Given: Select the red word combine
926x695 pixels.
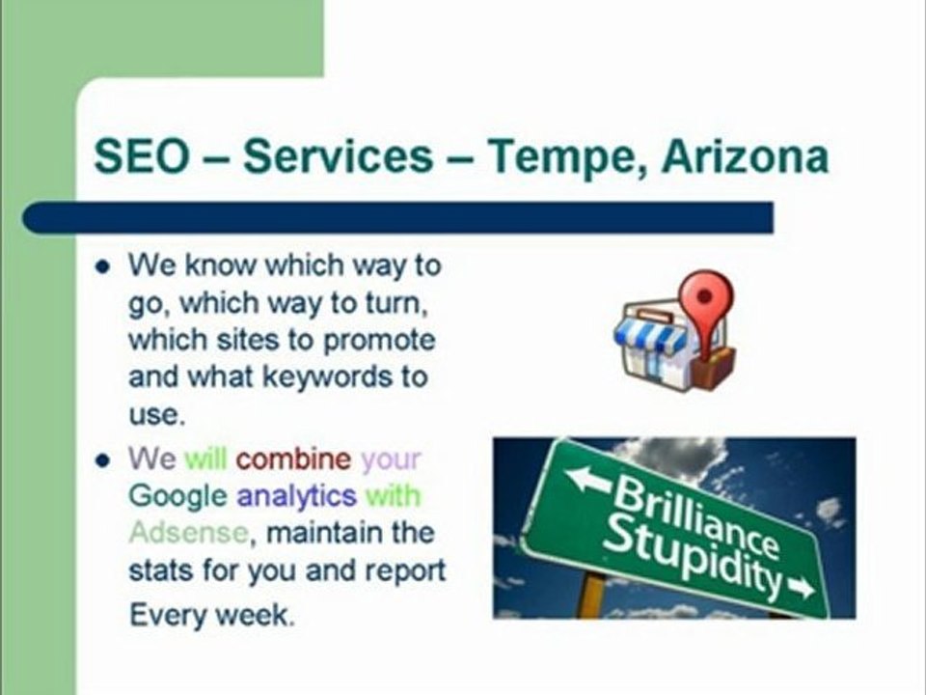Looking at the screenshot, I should coord(293,458).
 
